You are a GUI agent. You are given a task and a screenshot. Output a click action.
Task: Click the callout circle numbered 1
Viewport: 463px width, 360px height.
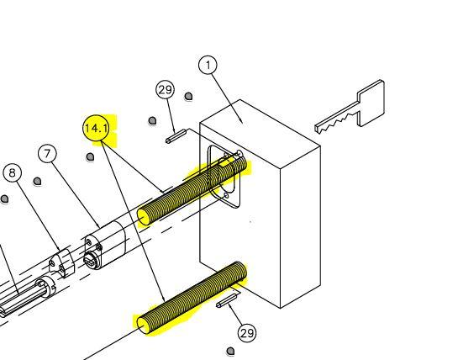point(208,65)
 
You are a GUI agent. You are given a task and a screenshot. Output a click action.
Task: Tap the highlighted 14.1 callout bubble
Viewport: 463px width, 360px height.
point(97,129)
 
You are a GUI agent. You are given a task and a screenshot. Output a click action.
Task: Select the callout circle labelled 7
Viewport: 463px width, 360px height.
point(48,154)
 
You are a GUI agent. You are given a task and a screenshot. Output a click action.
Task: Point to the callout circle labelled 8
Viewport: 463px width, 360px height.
point(12,173)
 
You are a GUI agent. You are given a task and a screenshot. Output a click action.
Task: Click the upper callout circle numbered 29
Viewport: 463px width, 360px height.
point(166,90)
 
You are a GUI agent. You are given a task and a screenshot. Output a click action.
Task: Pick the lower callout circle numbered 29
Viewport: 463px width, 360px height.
point(246,333)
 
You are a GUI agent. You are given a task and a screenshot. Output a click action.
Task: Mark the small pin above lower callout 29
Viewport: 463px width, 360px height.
point(228,300)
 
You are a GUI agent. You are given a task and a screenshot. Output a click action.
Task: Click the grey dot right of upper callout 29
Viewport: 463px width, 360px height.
point(188,96)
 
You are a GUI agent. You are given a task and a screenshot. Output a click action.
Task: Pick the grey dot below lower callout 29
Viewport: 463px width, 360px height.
point(231,352)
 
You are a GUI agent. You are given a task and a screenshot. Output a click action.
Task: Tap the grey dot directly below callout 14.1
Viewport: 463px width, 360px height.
point(91,156)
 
